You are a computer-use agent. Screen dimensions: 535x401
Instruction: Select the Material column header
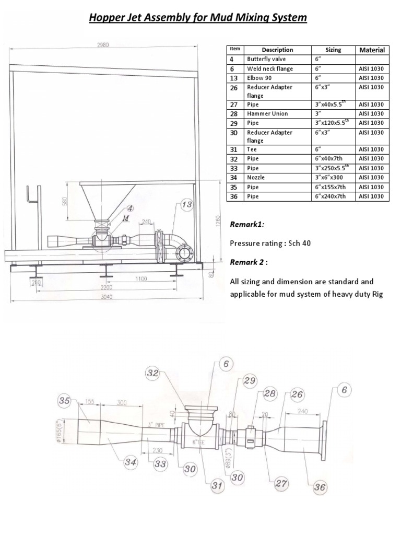pos(372,50)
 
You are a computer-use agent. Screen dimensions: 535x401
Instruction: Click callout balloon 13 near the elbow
pos(186,205)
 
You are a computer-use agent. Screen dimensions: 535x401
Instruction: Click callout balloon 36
pos(319,487)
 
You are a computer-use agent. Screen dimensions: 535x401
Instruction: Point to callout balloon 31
pos(217,486)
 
